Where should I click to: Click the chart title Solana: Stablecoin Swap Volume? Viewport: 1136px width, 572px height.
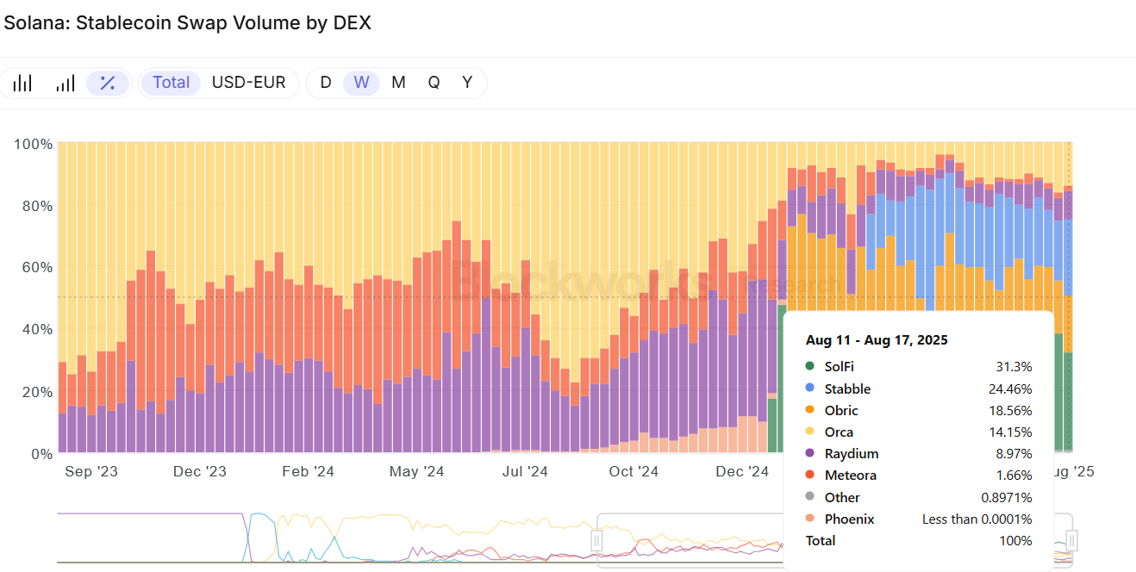pyautogui.click(x=187, y=23)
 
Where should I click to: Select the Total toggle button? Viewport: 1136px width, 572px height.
pyautogui.click(x=171, y=83)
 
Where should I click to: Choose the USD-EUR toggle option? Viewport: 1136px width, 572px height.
pyautogui.click(x=248, y=83)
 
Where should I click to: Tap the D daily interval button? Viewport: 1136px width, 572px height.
pyautogui.click(x=326, y=83)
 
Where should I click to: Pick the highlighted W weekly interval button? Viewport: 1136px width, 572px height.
pyautogui.click(x=361, y=83)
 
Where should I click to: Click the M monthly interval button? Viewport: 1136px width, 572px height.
pyautogui.click(x=398, y=83)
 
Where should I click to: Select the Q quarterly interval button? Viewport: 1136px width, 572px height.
pyautogui.click(x=434, y=83)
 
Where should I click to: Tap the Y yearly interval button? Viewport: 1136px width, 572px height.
pyautogui.click(x=467, y=83)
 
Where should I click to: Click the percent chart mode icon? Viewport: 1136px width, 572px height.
pyautogui.click(x=108, y=83)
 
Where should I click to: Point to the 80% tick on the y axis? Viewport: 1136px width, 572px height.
pyautogui.click(x=33, y=206)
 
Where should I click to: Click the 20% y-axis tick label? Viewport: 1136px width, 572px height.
pyautogui.click(x=33, y=392)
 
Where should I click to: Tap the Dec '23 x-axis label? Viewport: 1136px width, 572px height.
pyautogui.click(x=199, y=471)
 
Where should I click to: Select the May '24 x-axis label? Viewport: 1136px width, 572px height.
pyautogui.click(x=416, y=471)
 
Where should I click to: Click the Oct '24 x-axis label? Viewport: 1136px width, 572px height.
pyautogui.click(x=634, y=471)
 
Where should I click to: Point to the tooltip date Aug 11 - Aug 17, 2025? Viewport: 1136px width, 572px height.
pyautogui.click(x=877, y=340)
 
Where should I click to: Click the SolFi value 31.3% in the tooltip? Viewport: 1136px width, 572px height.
pyautogui.click(x=1014, y=367)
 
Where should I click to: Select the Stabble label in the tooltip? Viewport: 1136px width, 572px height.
pyautogui.click(x=847, y=389)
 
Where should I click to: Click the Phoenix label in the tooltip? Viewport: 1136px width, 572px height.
pyautogui.click(x=849, y=519)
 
